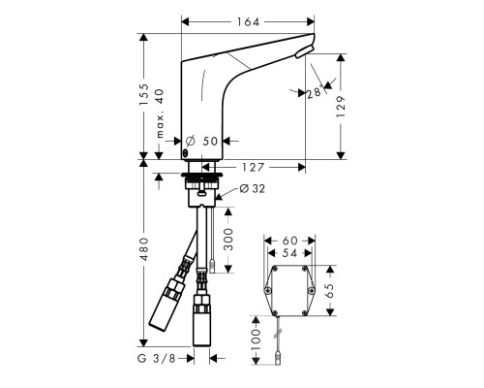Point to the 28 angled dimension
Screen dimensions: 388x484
[x=314, y=91]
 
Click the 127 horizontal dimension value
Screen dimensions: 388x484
[x=255, y=165]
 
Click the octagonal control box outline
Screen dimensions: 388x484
[x=290, y=290]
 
